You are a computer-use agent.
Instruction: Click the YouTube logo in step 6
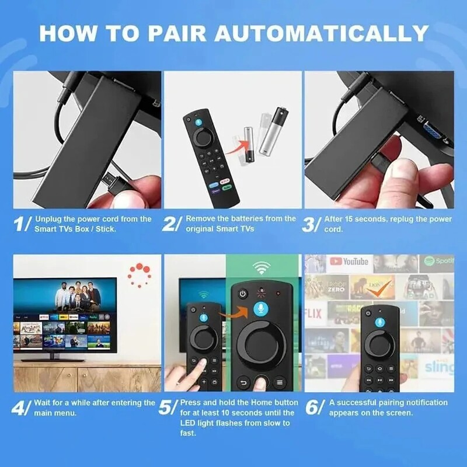[348, 262]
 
